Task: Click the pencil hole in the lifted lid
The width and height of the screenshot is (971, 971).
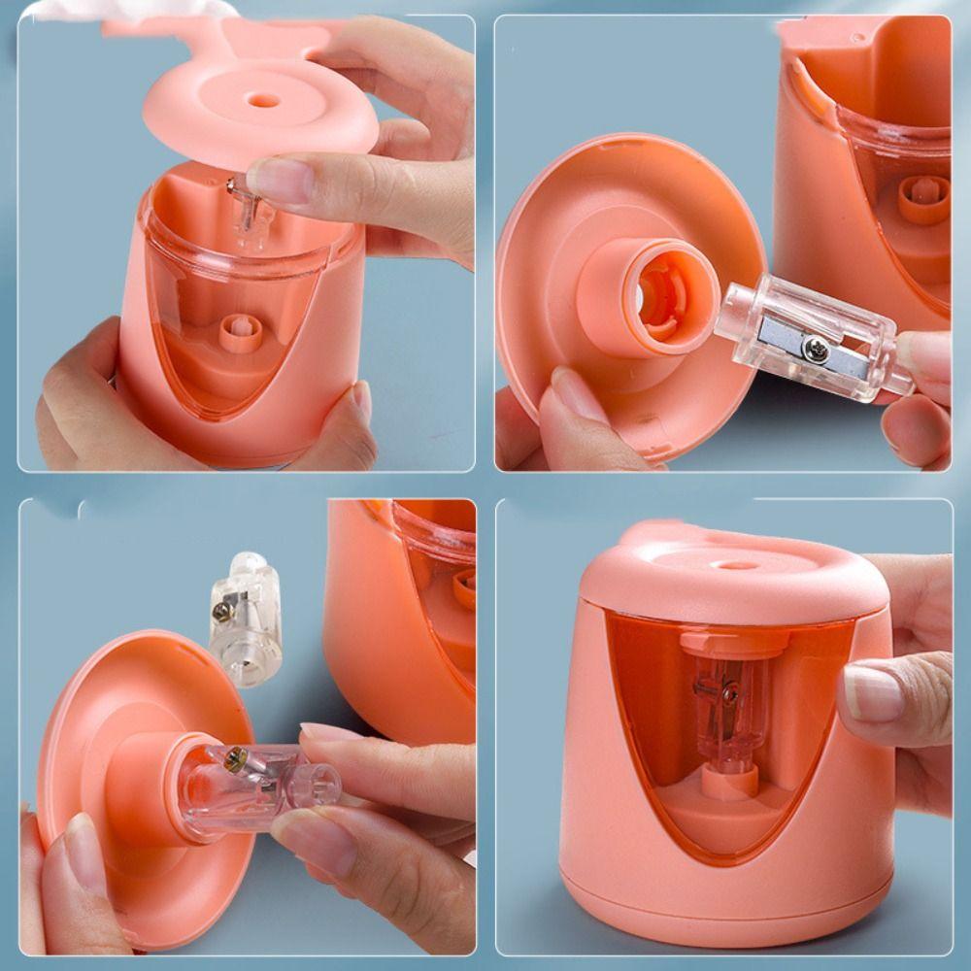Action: (259, 100)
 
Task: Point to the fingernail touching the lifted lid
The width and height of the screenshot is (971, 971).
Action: (279, 180)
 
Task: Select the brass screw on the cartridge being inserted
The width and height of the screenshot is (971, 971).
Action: (235, 760)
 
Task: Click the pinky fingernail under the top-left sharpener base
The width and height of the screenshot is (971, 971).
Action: (362, 400)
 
